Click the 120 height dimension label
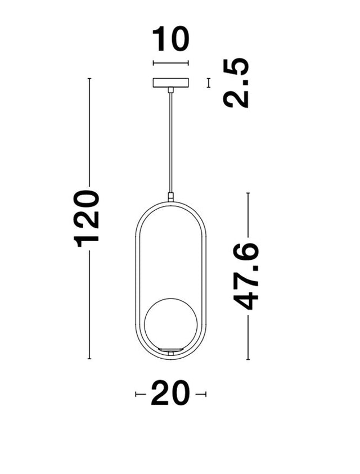88,219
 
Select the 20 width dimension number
170,394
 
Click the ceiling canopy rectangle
170,83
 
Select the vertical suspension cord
170,141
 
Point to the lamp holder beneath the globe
170,351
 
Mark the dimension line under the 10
170,64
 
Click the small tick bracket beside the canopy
209,83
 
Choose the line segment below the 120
89,304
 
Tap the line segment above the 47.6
248,216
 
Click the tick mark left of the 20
140,395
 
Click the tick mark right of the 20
201,395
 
